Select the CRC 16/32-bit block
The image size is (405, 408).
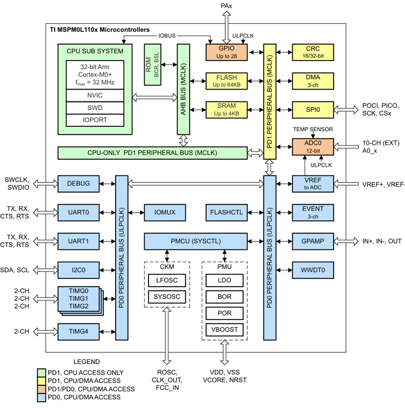tap(313, 52)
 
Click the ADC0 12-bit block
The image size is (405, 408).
tap(313, 147)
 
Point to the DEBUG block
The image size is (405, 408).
tap(79, 183)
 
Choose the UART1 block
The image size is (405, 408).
tap(79, 241)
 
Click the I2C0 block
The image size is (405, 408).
tap(79, 269)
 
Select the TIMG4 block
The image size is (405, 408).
tap(79, 331)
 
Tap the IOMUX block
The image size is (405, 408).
tap(165, 212)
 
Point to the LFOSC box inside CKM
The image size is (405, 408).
tap(167, 281)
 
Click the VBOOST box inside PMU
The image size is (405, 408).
tap(224, 329)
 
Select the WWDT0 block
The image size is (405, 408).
tap(313, 269)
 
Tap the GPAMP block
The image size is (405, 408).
tap(313, 241)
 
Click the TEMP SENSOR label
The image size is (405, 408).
tap(313, 130)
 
